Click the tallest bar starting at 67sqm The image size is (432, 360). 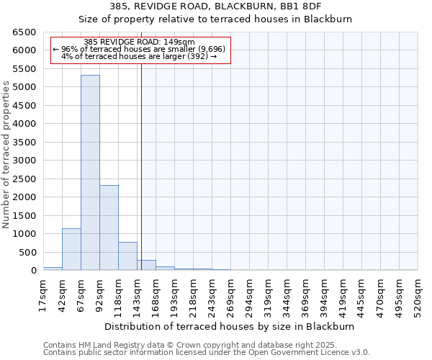pyautogui.click(x=90, y=173)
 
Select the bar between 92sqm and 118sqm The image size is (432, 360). pyautogui.click(x=109, y=228)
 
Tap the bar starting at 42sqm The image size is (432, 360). pyautogui.click(x=71, y=249)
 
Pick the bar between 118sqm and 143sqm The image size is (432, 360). pyautogui.click(x=127, y=256)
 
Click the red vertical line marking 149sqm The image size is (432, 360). pyautogui.click(x=141, y=158)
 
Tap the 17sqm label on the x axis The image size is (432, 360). pyautogui.click(x=44, y=294)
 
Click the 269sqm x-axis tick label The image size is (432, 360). pyautogui.click(x=230, y=294)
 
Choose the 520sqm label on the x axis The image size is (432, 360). pyautogui.click(x=418, y=294)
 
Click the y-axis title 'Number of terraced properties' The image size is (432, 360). pyautogui.click(x=7, y=154)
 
